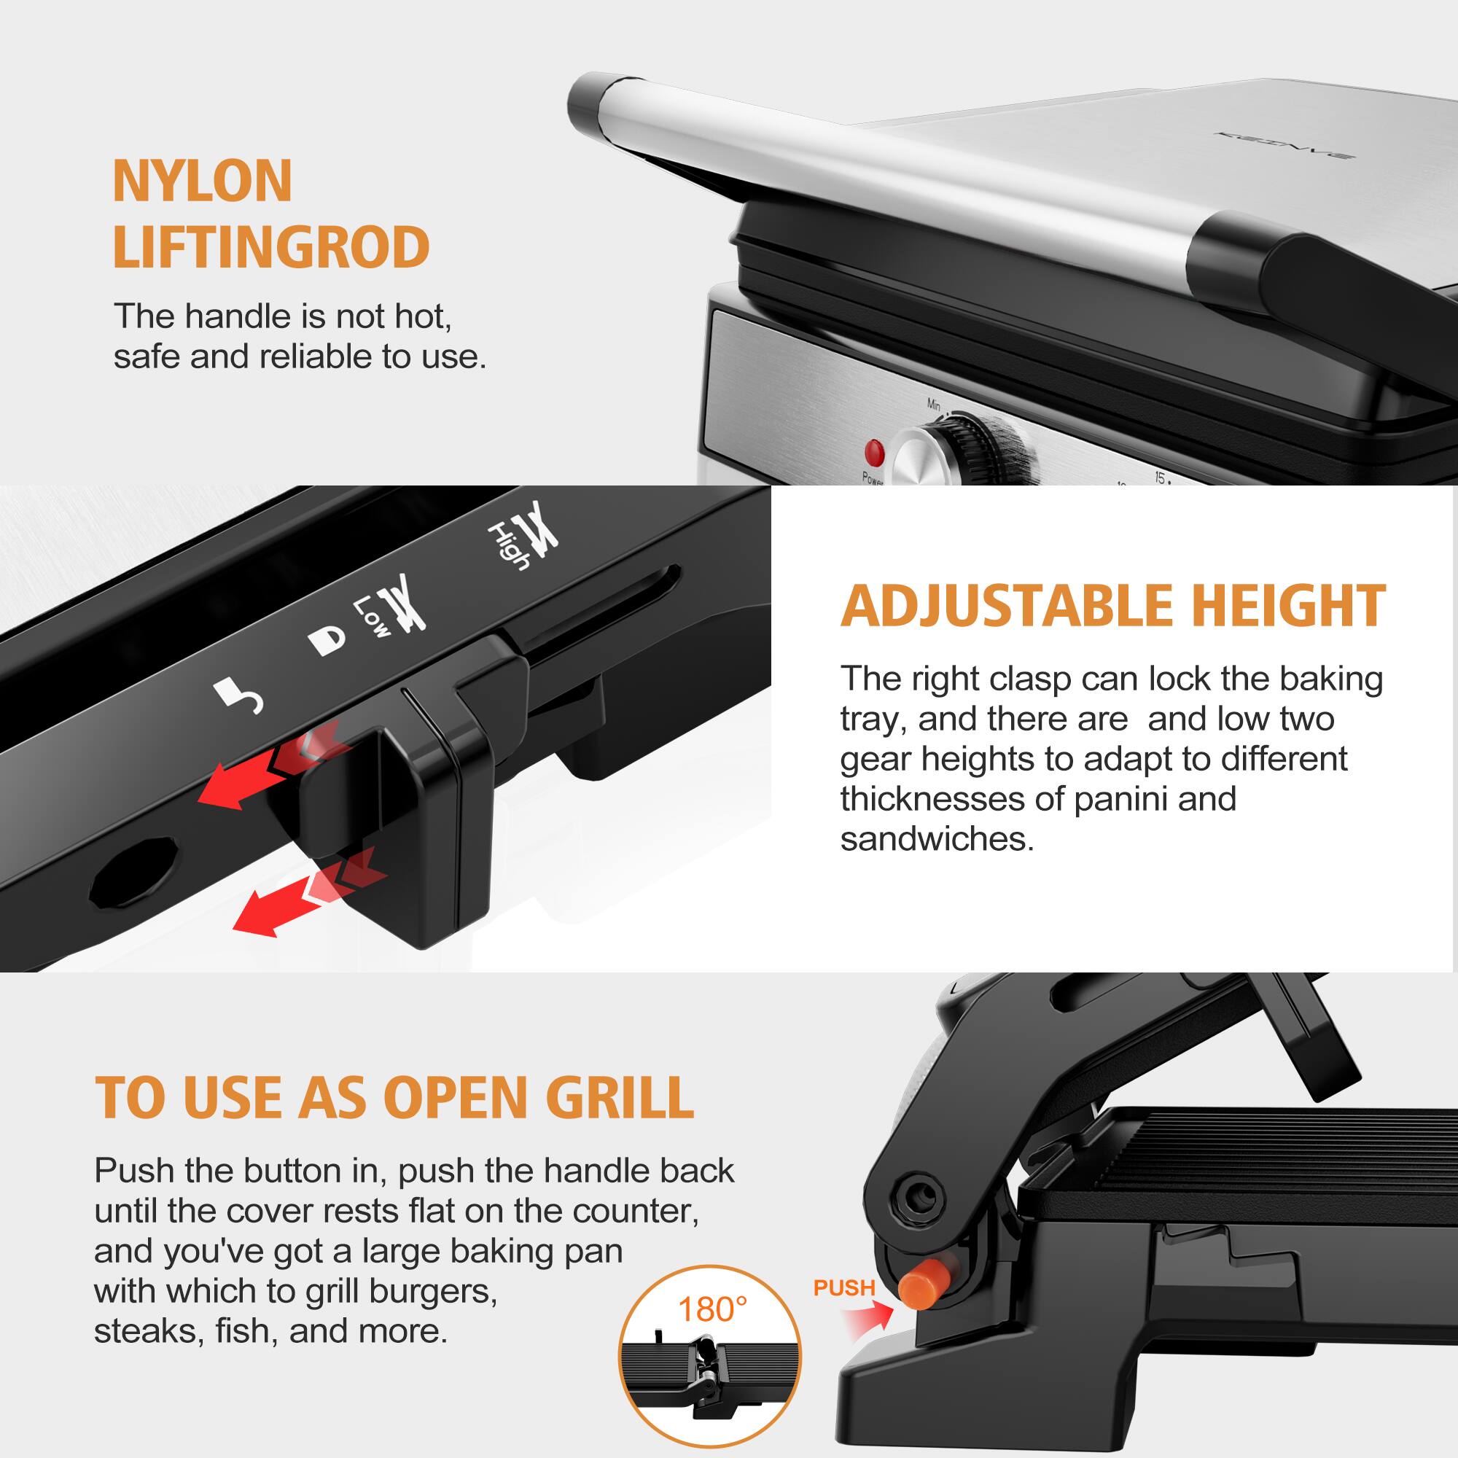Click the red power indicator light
pos(874,452)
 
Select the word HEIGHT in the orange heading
pos(1288,606)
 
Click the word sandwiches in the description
pos(936,839)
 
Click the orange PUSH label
pos(843,1288)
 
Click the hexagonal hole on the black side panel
pos(134,873)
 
